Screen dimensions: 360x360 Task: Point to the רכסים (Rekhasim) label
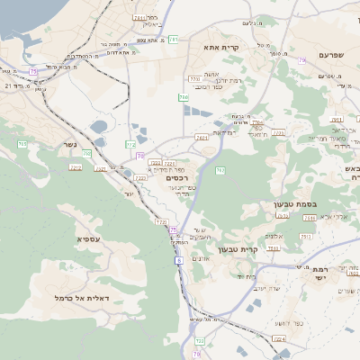point(177,179)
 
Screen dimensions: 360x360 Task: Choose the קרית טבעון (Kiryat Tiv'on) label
point(264,248)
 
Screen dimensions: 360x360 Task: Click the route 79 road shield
point(302,59)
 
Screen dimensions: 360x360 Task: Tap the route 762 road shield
point(220,170)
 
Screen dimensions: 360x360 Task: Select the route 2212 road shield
point(76,166)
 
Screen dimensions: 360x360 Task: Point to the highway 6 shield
point(179,261)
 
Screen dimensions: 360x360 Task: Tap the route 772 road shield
point(162,220)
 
